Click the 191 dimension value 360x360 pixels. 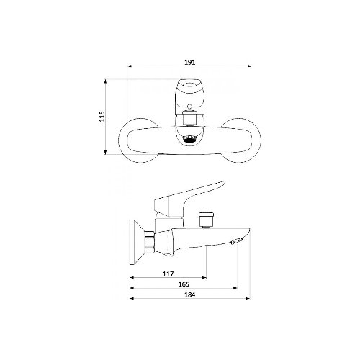click(x=190, y=63)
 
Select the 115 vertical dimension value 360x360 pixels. click(x=102, y=116)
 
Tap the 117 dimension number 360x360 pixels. click(x=168, y=274)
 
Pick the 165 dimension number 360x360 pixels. click(x=184, y=284)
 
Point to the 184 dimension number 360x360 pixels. click(x=190, y=294)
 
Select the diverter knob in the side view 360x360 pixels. click(x=206, y=220)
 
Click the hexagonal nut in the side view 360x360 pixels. click(x=150, y=243)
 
